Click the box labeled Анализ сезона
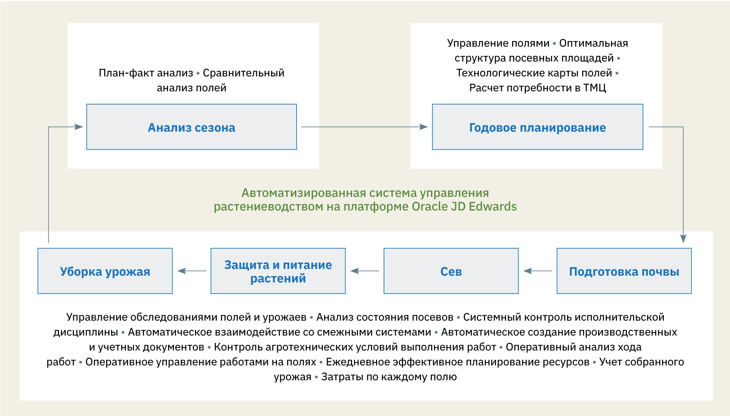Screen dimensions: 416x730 (x=191, y=127)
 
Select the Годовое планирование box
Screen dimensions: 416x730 (x=537, y=127)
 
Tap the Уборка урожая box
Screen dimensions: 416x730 (x=105, y=271)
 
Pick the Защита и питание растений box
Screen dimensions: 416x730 (x=278, y=271)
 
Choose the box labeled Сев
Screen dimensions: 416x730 (x=451, y=271)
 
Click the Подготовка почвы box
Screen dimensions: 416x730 (x=624, y=271)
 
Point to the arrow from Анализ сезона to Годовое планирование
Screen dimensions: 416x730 (x=364, y=127)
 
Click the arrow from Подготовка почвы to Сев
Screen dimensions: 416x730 (x=538, y=271)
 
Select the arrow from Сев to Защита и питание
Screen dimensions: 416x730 (x=365, y=271)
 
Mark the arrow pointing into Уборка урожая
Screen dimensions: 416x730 (x=192, y=271)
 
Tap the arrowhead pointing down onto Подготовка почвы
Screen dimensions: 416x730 (x=683, y=239)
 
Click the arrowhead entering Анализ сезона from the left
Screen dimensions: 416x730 (x=78, y=127)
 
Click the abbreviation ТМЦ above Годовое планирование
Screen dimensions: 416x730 (x=595, y=88)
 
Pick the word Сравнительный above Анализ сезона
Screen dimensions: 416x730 (x=243, y=73)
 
